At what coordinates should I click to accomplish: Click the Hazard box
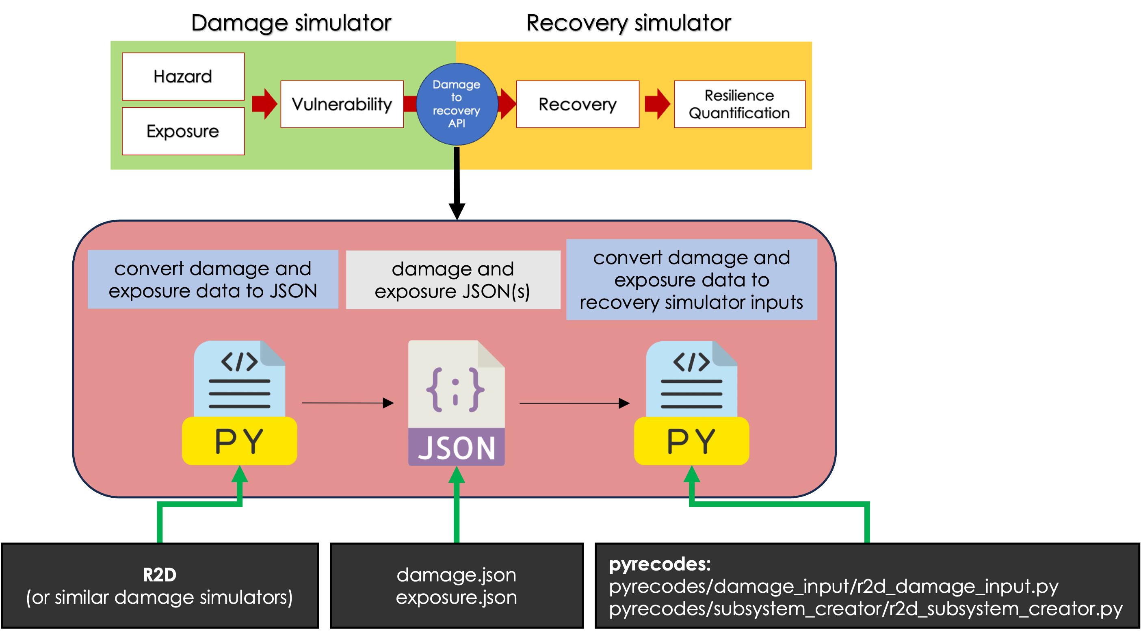[183, 76]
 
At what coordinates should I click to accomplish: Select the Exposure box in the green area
[183, 131]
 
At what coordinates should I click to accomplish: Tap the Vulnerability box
[342, 104]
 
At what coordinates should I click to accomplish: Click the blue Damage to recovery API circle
[457, 104]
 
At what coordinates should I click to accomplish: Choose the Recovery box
[578, 104]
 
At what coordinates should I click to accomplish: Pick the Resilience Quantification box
[739, 104]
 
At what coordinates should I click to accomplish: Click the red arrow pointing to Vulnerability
[264, 104]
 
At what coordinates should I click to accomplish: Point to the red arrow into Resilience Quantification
[657, 104]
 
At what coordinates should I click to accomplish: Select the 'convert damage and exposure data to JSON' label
[213, 280]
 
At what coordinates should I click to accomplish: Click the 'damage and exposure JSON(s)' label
[453, 280]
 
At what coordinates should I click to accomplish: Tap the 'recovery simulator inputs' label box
[691, 280]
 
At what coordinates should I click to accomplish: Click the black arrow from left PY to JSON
[348, 403]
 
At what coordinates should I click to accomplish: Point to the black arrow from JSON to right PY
[574, 403]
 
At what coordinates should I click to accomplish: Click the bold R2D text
[160, 575]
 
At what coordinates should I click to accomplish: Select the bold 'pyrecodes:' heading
[660, 564]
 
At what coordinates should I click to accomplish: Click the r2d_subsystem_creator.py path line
[866, 609]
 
